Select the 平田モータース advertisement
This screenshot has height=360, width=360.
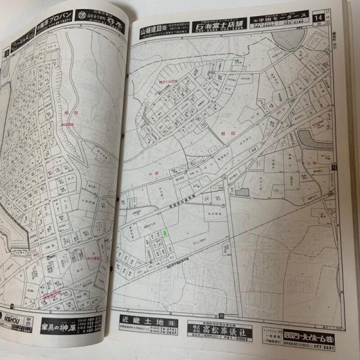(x=282, y=22)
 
